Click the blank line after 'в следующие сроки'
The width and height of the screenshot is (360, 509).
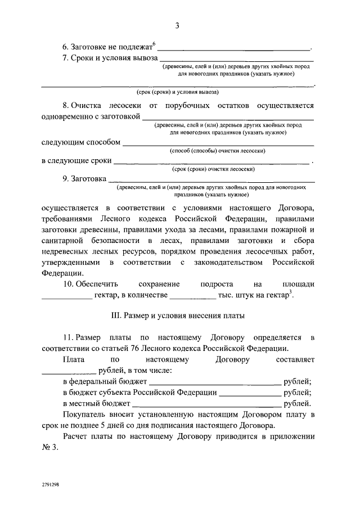[211, 163]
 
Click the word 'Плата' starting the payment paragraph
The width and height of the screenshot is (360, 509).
[74, 359]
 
